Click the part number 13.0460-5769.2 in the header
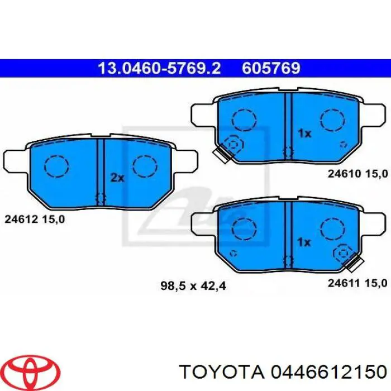tap(159, 68)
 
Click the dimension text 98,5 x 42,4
tap(193, 287)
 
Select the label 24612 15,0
tap(35, 220)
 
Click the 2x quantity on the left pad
tap(116, 178)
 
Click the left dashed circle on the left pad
tap(56, 165)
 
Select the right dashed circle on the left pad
tap(145, 165)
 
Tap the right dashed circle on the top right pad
tap(332, 119)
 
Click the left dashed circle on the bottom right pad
tap(244, 228)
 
